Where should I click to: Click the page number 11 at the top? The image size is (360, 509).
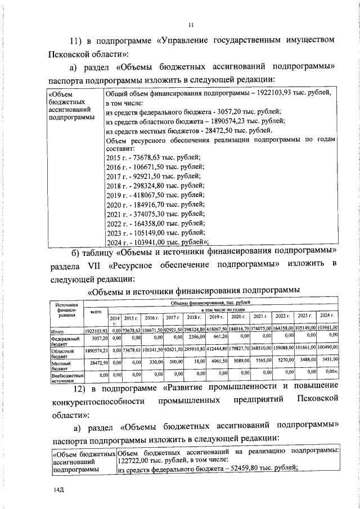(191, 24)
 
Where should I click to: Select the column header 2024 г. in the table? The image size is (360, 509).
(326, 316)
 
